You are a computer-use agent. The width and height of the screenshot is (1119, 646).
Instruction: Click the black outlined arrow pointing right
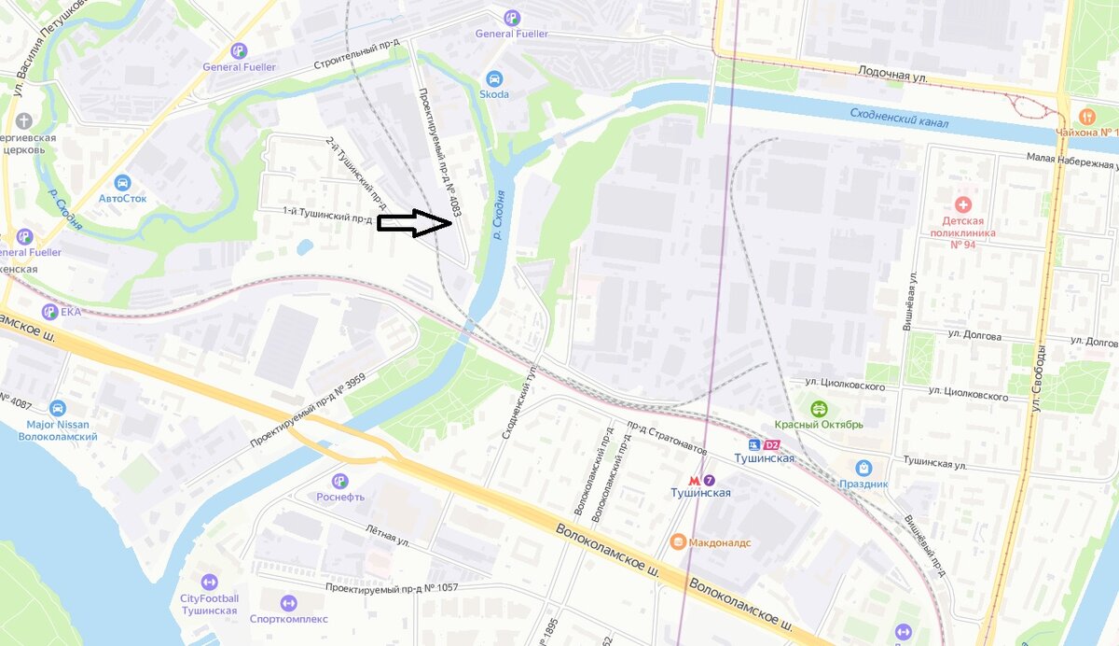[x=415, y=222]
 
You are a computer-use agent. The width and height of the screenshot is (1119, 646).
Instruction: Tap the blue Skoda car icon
[x=494, y=78]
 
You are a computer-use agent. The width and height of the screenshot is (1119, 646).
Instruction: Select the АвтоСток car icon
[x=122, y=182]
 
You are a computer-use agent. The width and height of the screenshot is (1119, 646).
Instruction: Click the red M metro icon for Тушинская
[x=693, y=478]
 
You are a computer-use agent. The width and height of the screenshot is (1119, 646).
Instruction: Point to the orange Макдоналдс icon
[x=678, y=542]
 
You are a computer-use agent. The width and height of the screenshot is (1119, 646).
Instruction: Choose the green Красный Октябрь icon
[x=819, y=408]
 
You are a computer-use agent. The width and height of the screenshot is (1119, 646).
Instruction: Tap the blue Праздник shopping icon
[x=863, y=468]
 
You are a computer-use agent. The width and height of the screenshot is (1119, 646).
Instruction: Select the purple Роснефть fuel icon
[x=339, y=481]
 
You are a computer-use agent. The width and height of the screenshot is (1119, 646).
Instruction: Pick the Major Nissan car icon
[x=58, y=408]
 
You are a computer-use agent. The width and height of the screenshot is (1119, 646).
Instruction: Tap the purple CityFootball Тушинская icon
[x=209, y=582]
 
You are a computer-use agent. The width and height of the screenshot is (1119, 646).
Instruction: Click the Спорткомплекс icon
[x=288, y=603]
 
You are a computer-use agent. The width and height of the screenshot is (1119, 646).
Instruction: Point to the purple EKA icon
[x=48, y=312]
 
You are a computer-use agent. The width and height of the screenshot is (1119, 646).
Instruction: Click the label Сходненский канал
[x=899, y=119]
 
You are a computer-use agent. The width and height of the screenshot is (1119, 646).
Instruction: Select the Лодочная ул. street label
[x=893, y=73]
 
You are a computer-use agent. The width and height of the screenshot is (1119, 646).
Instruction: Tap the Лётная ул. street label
[x=388, y=535]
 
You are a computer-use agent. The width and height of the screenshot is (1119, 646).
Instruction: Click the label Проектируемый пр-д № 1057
[x=392, y=589]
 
